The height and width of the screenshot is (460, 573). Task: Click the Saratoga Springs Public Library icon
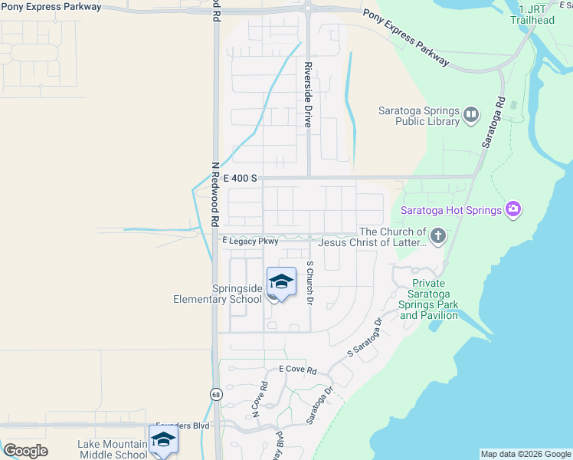[470, 116]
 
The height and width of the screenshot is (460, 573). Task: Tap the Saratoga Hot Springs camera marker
[512, 209]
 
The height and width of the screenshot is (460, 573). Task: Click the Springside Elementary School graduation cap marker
[281, 283]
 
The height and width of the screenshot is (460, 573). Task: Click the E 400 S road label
[239, 178]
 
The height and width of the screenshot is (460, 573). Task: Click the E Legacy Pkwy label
[250, 241]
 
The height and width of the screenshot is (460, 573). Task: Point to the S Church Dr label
[309, 282]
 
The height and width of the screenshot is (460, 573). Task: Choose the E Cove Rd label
[297, 370]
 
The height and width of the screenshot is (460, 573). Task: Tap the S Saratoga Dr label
[364, 338]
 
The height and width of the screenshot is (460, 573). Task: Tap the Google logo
[25, 451]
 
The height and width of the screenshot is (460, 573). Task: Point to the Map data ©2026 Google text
[525, 454]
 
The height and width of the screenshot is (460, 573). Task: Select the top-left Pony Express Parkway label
[51, 6]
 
